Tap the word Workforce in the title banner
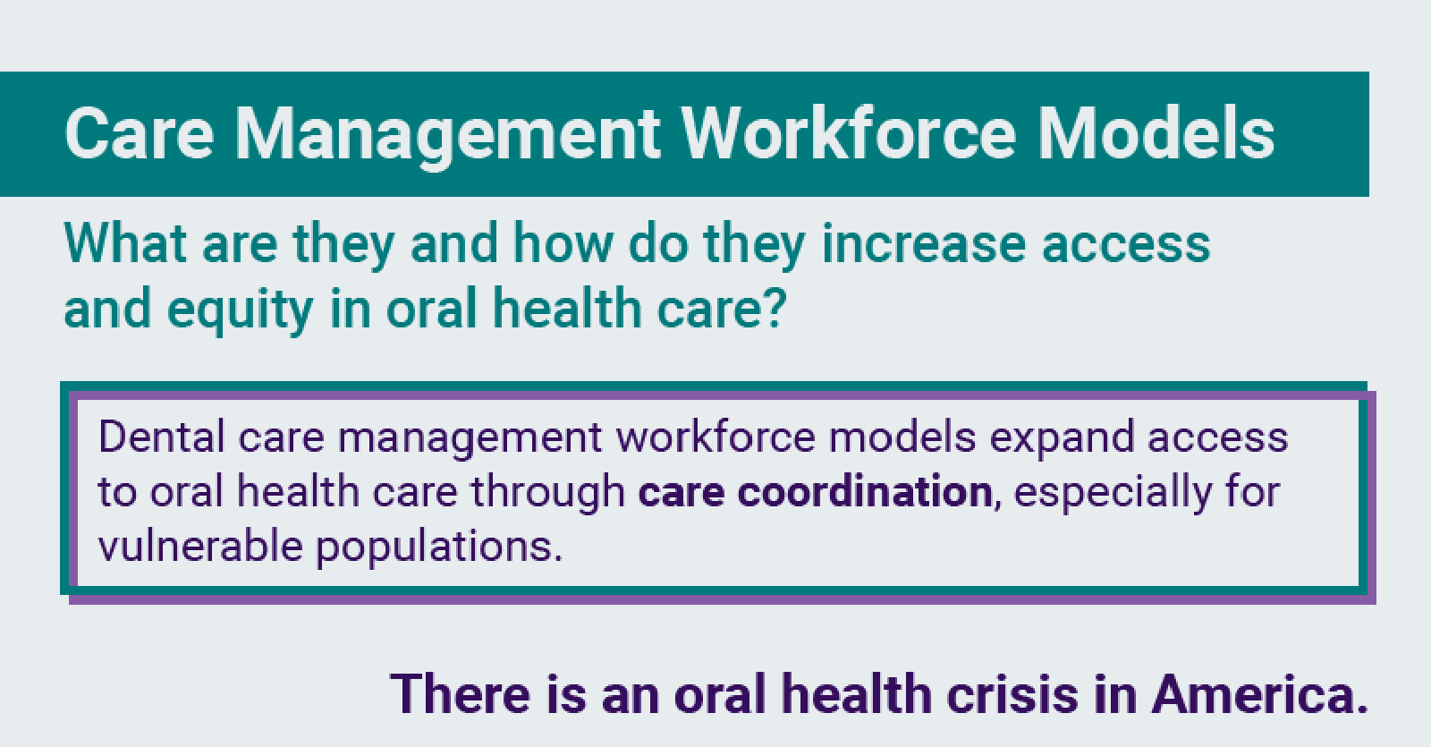click(x=850, y=134)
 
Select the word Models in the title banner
click(x=1156, y=134)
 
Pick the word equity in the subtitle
click(x=240, y=310)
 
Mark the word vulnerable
click(x=200, y=546)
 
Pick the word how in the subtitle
click(x=563, y=243)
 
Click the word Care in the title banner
click(x=140, y=134)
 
